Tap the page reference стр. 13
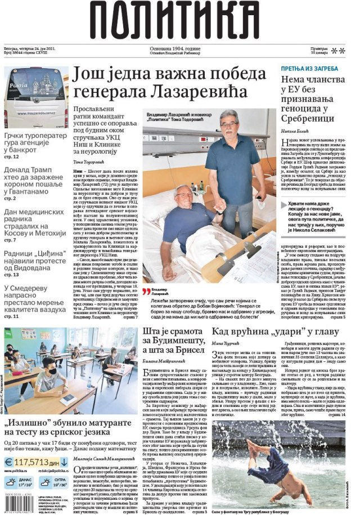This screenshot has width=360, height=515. tap(12, 275)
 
